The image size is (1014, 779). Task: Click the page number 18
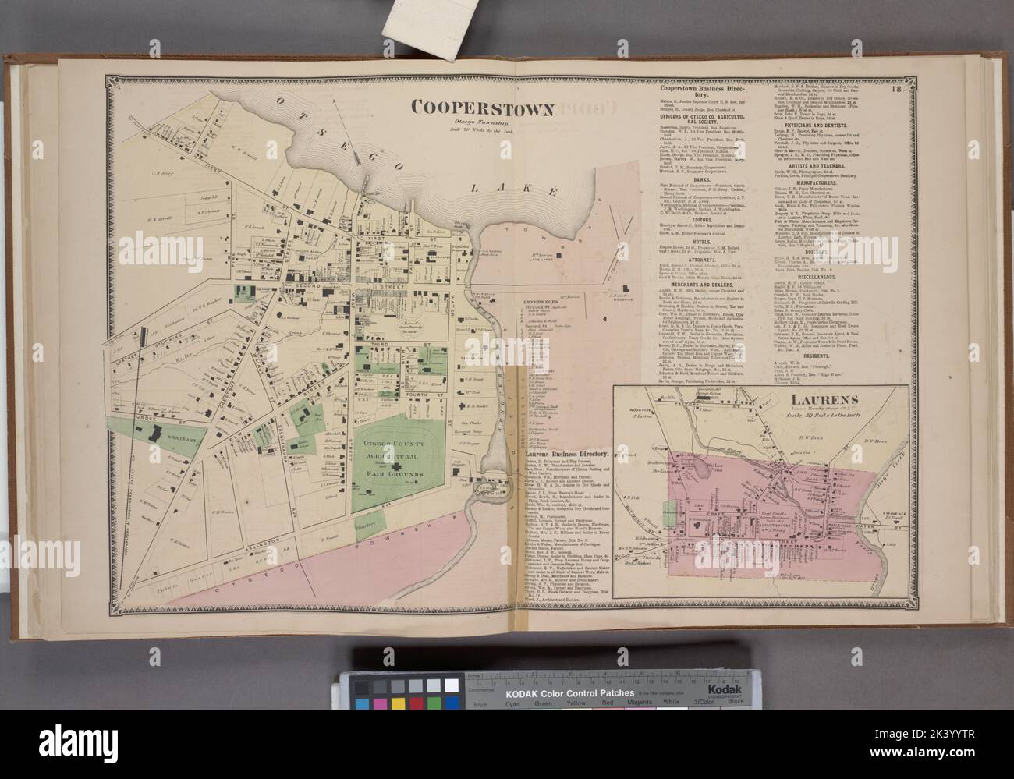click(x=899, y=89)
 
